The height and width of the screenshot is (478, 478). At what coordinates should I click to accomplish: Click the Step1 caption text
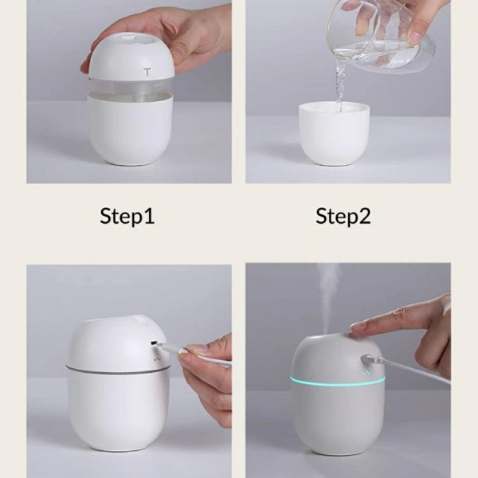(127, 216)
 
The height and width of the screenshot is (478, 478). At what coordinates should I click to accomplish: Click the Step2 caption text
(343, 216)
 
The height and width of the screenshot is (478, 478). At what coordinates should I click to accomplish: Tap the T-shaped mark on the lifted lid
(147, 72)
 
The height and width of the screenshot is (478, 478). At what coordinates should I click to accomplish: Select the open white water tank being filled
(334, 134)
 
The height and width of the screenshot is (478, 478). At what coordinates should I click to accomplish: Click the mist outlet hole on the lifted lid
(128, 39)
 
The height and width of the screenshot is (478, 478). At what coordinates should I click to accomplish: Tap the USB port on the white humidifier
(154, 343)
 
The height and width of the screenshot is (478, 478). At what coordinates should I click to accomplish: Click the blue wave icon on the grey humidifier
(366, 373)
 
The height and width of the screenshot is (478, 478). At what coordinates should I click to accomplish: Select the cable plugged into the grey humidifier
(406, 368)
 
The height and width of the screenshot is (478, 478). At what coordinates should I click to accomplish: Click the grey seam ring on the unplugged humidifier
(117, 369)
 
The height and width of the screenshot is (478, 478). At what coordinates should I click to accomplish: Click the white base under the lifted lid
(130, 131)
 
